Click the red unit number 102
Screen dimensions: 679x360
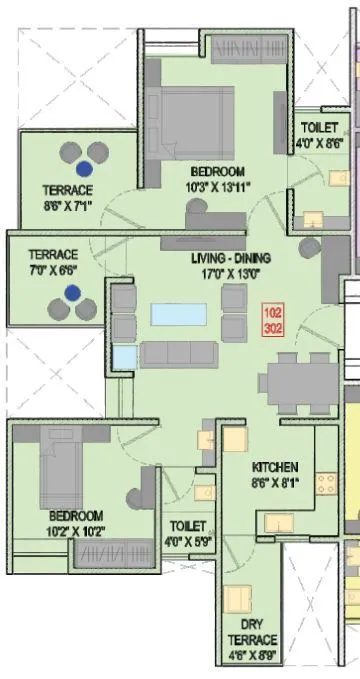tap(274, 311)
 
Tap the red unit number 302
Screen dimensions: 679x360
tap(274, 326)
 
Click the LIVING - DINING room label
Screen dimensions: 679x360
tap(231, 257)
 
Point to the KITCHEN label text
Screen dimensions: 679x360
tap(275, 467)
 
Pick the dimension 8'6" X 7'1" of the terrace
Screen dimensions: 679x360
tap(68, 205)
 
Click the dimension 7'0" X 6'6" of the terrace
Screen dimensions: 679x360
tap(52, 269)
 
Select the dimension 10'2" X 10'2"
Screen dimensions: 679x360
tap(76, 530)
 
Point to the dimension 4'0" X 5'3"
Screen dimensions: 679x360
tap(188, 541)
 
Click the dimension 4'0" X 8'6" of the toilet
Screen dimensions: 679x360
tap(321, 142)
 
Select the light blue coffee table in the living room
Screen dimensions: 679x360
tap(175, 314)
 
